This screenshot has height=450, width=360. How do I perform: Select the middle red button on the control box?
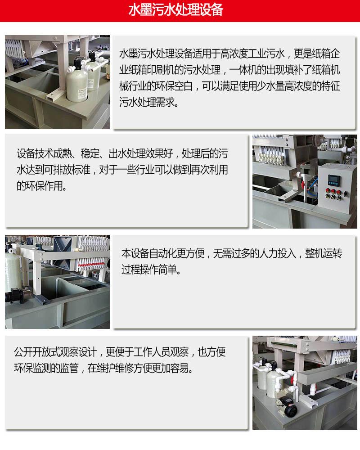tap(333, 191)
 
